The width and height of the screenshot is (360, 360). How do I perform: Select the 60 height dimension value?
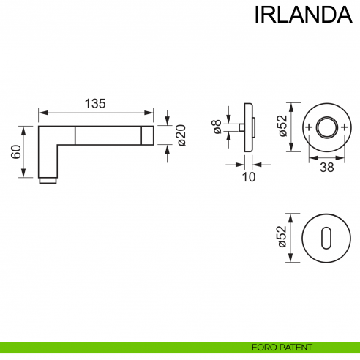pyautogui.click(x=15, y=151)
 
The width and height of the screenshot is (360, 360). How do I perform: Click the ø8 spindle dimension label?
pyautogui.click(x=217, y=128)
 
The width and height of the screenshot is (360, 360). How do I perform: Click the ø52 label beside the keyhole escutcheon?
pyautogui.click(x=282, y=238)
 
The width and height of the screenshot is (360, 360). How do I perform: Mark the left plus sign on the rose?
pyautogui.click(x=308, y=128)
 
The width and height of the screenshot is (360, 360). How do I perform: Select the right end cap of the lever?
pyautogui.click(x=148, y=135)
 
